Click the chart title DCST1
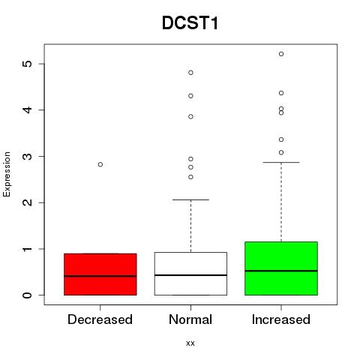tap(190, 23)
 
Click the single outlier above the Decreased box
tap(100, 164)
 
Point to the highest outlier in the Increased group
tap(281, 54)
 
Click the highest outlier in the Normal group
tap(190, 73)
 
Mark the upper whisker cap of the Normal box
tap(190, 199)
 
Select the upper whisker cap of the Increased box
tap(281, 162)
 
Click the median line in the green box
tap(281, 271)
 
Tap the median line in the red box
tap(100, 276)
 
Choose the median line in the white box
tap(190, 275)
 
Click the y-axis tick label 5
tap(27, 64)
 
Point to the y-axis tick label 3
tap(27, 156)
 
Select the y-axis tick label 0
tap(27, 295)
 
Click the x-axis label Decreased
tap(100, 319)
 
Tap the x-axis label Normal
tap(190, 319)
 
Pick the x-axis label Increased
tap(281, 319)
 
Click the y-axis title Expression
tap(7, 174)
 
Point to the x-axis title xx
tap(190, 343)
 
